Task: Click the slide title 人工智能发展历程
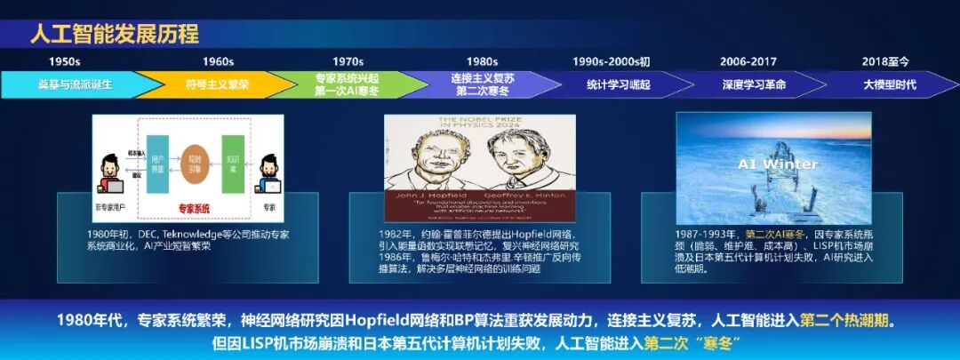[115, 34]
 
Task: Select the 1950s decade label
[64, 61]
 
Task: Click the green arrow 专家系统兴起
[348, 84]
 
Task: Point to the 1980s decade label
[482, 61]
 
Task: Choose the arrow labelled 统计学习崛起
[619, 84]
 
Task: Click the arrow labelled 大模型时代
[890, 84]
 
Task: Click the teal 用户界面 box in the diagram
[156, 157]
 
